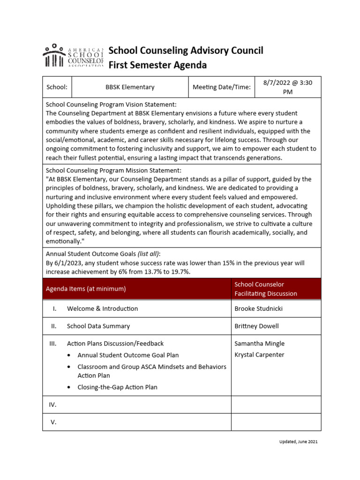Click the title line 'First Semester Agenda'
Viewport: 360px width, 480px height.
(157, 65)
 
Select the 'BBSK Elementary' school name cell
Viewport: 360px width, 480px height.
(130, 87)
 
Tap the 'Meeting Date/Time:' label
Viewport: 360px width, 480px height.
(222, 87)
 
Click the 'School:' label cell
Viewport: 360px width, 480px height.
(57, 87)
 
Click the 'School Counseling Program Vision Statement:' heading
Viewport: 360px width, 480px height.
(111, 105)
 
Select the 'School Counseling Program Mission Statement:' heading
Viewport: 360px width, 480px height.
(113, 170)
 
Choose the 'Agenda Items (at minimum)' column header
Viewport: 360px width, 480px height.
(86, 289)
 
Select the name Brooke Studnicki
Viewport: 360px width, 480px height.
(259, 308)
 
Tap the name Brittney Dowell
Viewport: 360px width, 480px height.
(256, 326)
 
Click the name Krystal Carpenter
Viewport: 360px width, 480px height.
(259, 355)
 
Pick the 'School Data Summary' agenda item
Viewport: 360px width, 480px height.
(98, 326)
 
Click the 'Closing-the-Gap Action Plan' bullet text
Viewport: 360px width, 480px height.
(117, 387)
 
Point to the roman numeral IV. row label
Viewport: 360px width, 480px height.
(53, 405)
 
